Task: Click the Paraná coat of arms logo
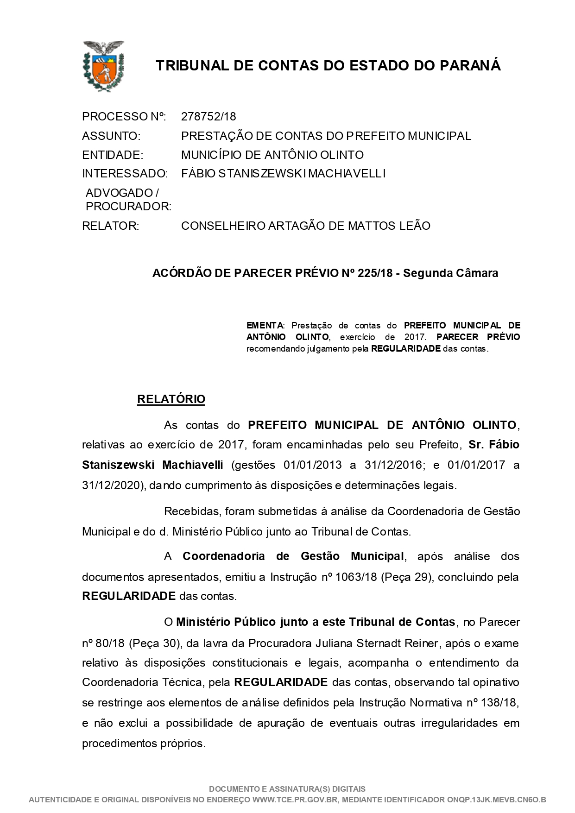click(103, 66)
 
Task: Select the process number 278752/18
click(208, 116)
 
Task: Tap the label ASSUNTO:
click(111, 136)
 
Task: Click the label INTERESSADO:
click(125, 174)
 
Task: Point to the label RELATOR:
click(110, 226)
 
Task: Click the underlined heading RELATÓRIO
click(171, 399)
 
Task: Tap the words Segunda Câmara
click(450, 273)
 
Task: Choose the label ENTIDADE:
click(113, 155)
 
